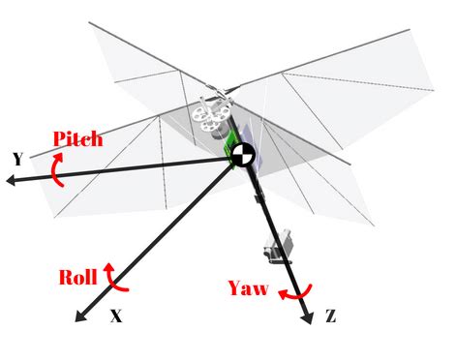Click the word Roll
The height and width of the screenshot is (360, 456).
(77, 278)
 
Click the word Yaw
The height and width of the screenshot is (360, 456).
(247, 287)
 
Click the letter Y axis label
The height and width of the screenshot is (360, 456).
(17, 159)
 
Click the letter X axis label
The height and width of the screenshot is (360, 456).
(116, 315)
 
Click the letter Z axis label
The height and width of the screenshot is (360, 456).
(332, 315)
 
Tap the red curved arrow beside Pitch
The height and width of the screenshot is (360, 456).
(58, 171)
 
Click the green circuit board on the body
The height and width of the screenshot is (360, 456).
(231, 145)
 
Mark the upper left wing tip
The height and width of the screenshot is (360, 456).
(92, 24)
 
